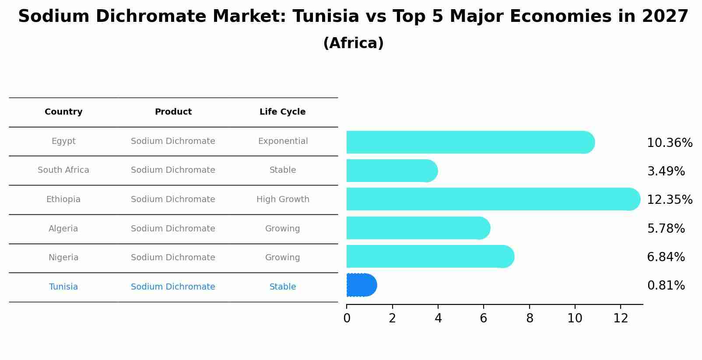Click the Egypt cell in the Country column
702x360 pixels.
coord(63,141)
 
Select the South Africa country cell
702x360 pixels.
coord(63,170)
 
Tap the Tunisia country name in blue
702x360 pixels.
coord(63,287)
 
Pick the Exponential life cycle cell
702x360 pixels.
coord(283,141)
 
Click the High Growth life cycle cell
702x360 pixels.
coord(283,199)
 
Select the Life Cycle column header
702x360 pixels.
coord(282,112)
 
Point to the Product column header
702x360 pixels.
coord(173,112)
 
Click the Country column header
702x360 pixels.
coord(63,112)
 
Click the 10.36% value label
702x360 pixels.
coord(670,143)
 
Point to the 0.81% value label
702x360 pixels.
coord(666,286)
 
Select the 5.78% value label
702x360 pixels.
coord(666,228)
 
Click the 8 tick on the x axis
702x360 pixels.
coord(530,318)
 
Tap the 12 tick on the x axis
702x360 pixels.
coord(621,318)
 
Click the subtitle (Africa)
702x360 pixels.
coord(353,43)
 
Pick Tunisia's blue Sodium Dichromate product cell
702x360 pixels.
coord(173,287)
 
